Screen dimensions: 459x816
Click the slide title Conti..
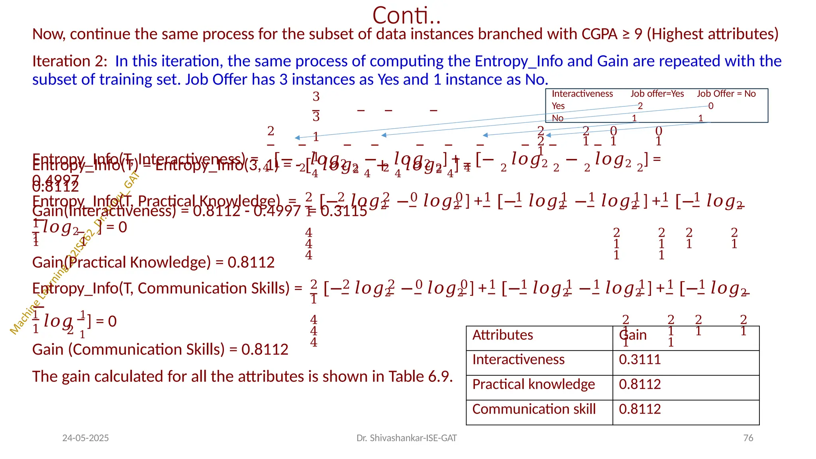[x=406, y=16]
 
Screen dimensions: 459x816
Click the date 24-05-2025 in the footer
[x=85, y=438]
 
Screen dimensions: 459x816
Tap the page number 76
[x=748, y=438]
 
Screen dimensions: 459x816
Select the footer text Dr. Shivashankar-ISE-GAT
[x=406, y=438]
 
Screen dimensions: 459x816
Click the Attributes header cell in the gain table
[x=502, y=335]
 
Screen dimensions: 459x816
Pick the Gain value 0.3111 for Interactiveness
[x=639, y=360]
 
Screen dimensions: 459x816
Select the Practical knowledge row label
[x=534, y=384]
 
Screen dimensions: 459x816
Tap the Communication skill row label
[x=534, y=409]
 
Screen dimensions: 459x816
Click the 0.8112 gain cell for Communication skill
[x=639, y=409]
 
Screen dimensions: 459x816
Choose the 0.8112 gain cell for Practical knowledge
[x=639, y=384]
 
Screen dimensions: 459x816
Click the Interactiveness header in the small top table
[x=582, y=94]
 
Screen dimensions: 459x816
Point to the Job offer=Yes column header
[x=657, y=94]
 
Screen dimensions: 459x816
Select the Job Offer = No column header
[x=726, y=94]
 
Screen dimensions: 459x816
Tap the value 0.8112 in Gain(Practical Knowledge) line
[x=251, y=263]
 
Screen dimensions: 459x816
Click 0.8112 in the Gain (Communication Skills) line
[x=265, y=350]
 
